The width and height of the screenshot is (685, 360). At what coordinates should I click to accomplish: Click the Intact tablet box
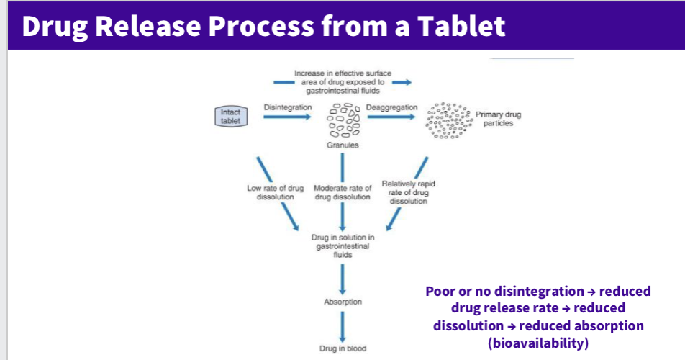[231, 117]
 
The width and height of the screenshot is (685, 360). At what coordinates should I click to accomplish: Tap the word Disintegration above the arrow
[288, 107]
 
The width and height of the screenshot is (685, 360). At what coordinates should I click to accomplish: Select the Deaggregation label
[391, 107]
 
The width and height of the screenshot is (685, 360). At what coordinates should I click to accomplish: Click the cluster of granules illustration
[343, 120]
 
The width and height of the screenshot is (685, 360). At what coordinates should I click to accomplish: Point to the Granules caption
[342, 145]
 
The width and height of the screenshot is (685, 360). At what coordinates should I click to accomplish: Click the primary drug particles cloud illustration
[448, 120]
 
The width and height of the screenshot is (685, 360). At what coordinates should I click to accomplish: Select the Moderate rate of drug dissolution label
[342, 192]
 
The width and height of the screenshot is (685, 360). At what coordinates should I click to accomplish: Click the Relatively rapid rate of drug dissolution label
[408, 192]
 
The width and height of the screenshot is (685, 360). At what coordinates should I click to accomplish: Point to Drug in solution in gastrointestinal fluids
[342, 246]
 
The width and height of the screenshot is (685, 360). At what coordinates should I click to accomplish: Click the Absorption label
[342, 302]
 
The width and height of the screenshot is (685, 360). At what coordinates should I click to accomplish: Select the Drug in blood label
[342, 348]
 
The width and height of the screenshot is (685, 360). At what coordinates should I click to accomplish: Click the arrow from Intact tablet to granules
[288, 119]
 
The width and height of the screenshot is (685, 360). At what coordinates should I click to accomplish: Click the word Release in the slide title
[154, 26]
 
